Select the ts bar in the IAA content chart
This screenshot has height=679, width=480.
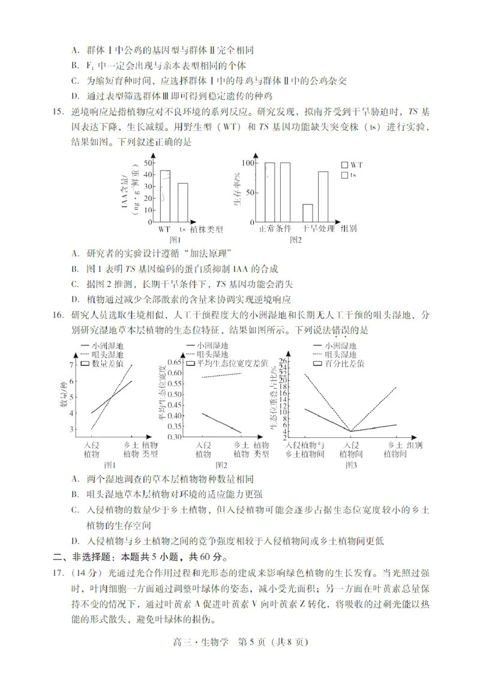182,203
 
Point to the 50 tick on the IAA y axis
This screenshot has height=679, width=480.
148,163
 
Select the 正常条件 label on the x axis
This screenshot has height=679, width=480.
275,229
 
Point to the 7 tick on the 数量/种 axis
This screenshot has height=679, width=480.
72,365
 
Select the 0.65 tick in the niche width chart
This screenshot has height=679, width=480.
172,362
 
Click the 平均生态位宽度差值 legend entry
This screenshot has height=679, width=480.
216,363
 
